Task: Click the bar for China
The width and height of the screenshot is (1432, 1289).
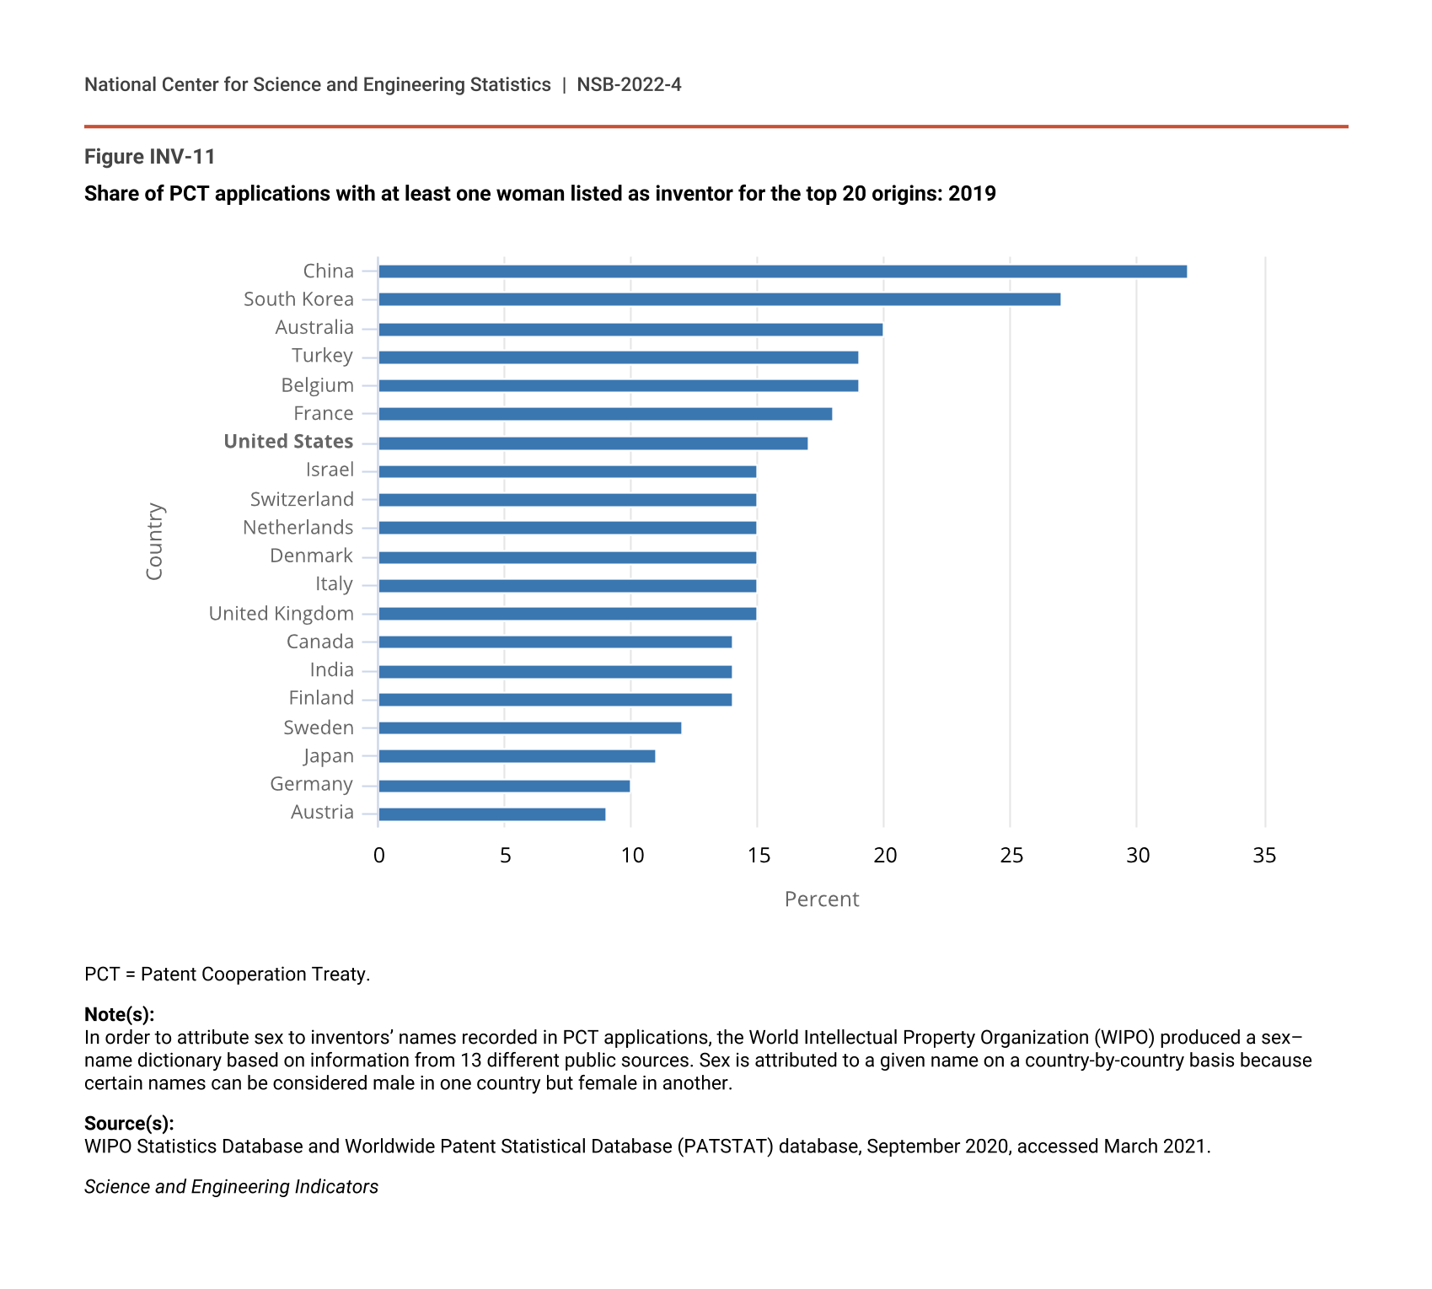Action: point(782,271)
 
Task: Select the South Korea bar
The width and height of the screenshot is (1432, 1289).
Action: point(719,299)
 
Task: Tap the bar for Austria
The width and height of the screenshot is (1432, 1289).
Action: point(491,814)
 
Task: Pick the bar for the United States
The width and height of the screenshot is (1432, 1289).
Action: point(593,443)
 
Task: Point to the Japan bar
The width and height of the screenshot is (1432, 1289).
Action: point(517,756)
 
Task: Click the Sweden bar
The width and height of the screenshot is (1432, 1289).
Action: point(529,728)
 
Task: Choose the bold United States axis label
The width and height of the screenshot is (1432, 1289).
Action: point(288,442)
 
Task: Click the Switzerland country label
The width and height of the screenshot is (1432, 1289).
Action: point(302,499)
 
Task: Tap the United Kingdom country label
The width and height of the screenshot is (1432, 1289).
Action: point(281,614)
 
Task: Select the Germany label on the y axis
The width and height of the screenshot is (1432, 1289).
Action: point(311,784)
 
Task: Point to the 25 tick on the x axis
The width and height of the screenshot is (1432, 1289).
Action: point(1011,856)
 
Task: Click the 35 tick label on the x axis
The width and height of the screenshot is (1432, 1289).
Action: point(1264,856)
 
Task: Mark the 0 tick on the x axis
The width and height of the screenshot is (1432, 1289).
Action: point(379,856)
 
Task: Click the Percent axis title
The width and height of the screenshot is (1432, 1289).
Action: point(822,900)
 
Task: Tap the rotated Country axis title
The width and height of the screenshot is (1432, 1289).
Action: point(154,541)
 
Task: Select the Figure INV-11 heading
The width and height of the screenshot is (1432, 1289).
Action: point(150,157)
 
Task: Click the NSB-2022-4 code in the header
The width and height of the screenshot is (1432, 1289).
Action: point(629,85)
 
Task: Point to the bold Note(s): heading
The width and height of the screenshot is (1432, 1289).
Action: point(119,1014)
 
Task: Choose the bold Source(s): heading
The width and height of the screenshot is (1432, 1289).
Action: point(129,1123)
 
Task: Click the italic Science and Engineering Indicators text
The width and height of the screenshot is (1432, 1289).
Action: point(231,1187)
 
